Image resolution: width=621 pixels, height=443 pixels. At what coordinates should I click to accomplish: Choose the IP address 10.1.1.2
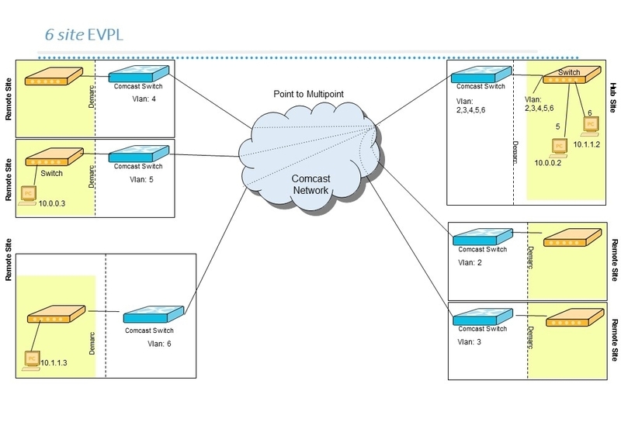pos(588,145)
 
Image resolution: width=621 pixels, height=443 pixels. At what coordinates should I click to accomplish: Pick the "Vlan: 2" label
pos(470,262)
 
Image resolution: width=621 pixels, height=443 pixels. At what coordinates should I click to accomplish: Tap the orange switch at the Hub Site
pos(570,75)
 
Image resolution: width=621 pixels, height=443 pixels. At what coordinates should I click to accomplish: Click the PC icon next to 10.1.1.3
pos(31,359)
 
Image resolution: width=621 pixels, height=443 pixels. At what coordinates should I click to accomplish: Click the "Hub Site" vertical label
pos(612,99)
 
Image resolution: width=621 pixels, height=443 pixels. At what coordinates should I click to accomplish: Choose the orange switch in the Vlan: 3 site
pos(574,318)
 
